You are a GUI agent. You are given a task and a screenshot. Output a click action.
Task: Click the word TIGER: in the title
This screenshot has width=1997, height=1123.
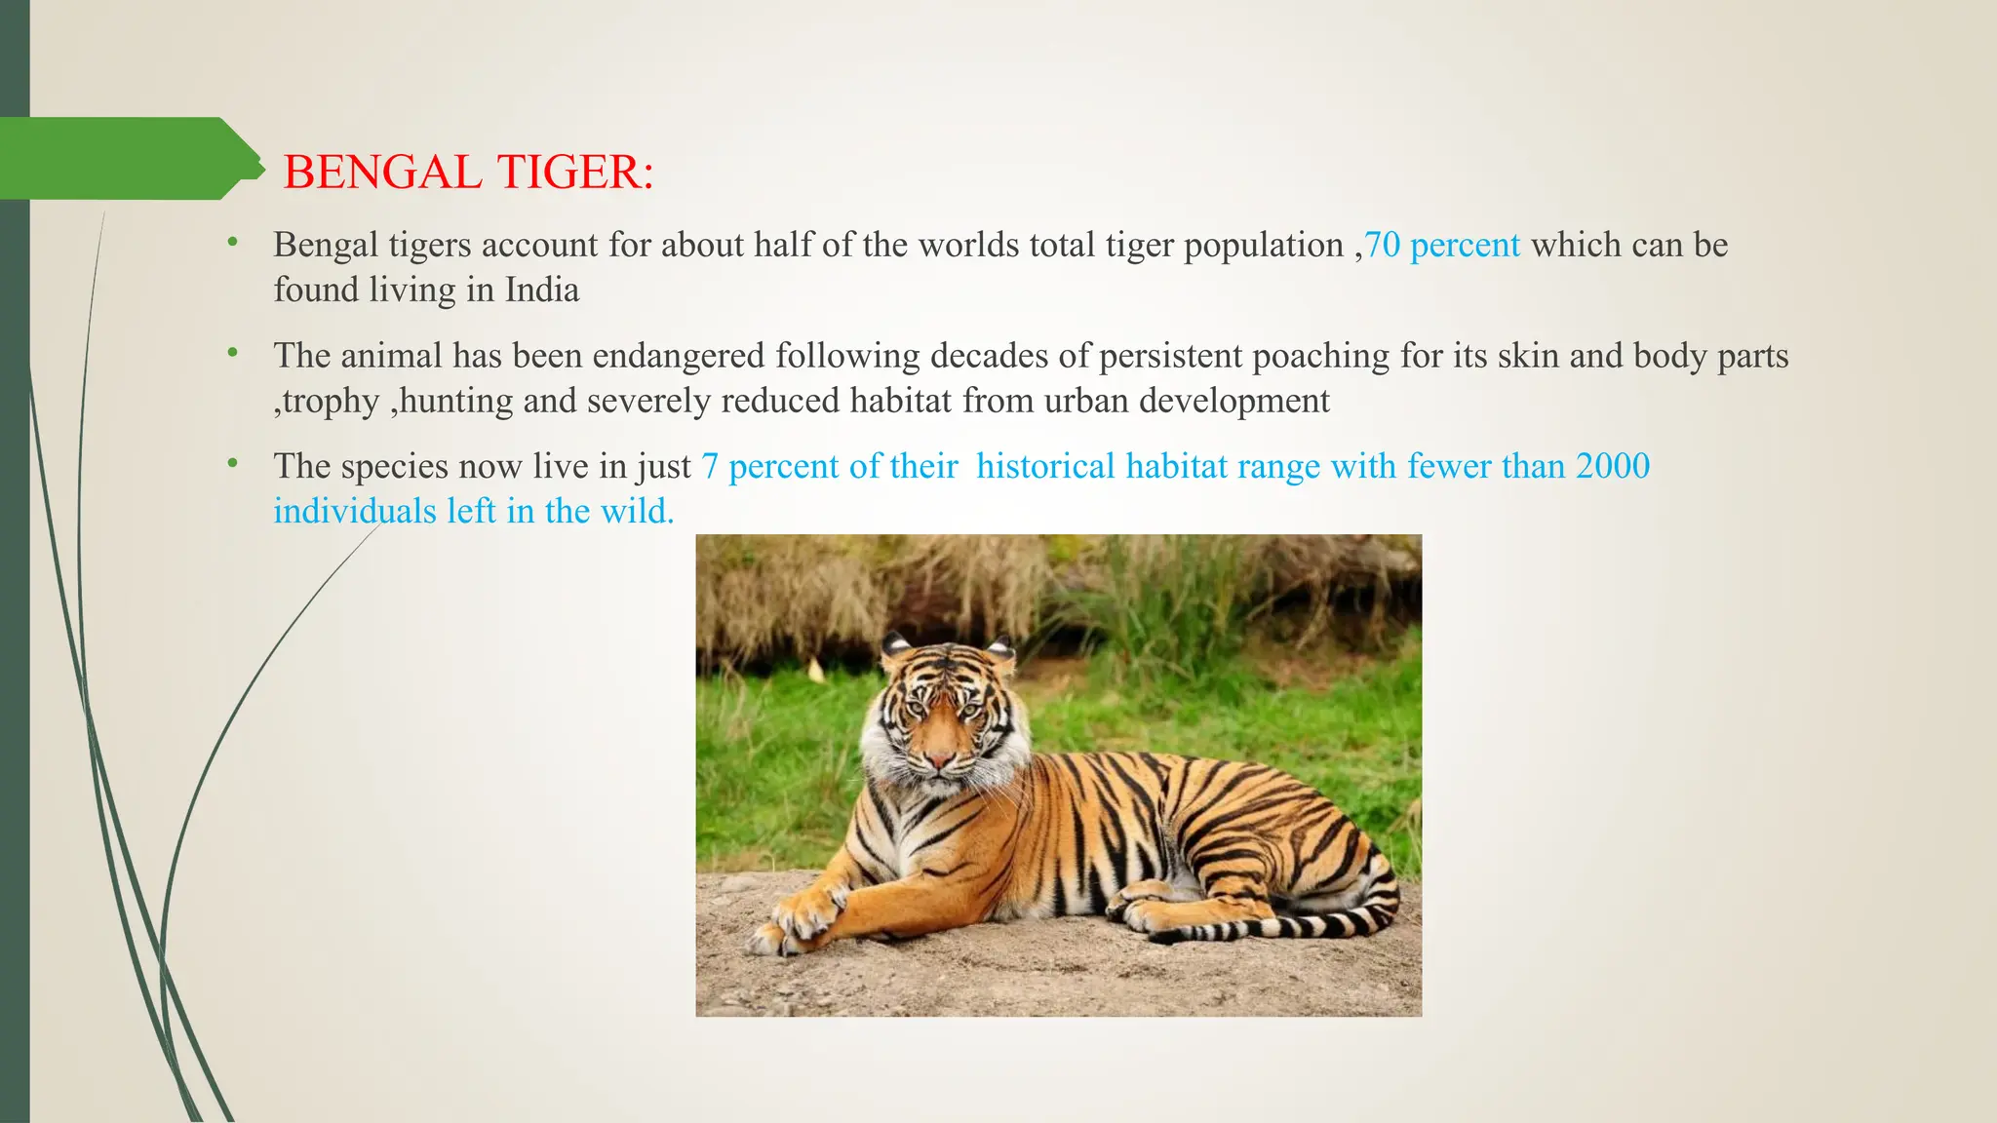point(575,173)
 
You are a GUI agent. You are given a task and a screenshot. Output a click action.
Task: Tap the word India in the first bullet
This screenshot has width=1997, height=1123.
point(542,290)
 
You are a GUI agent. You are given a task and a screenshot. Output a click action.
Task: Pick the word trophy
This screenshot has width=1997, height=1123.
point(332,402)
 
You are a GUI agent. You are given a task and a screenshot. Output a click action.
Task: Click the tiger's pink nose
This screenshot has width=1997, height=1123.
point(940,758)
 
